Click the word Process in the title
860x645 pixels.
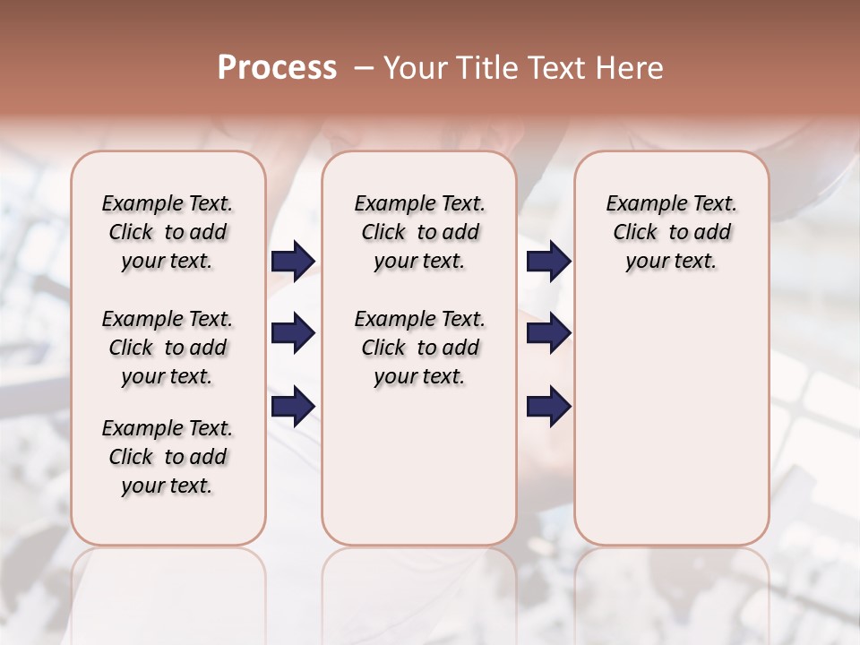[277, 68]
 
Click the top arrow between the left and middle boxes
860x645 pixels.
[293, 262]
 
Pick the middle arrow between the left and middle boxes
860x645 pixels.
[293, 334]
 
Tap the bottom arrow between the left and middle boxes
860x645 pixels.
[293, 407]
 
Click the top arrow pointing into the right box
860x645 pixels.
[548, 262]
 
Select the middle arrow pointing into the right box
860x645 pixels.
[548, 334]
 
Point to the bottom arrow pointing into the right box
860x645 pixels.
[548, 407]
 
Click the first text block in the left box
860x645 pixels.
[168, 232]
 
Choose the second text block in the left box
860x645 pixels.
[168, 348]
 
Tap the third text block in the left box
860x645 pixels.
[168, 457]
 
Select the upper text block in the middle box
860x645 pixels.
[419, 232]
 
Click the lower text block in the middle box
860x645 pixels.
[419, 348]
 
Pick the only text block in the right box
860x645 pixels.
[671, 232]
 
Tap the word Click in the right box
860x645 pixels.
[635, 232]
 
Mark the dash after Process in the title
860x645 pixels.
[364, 68]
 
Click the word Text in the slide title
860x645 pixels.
[555, 68]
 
